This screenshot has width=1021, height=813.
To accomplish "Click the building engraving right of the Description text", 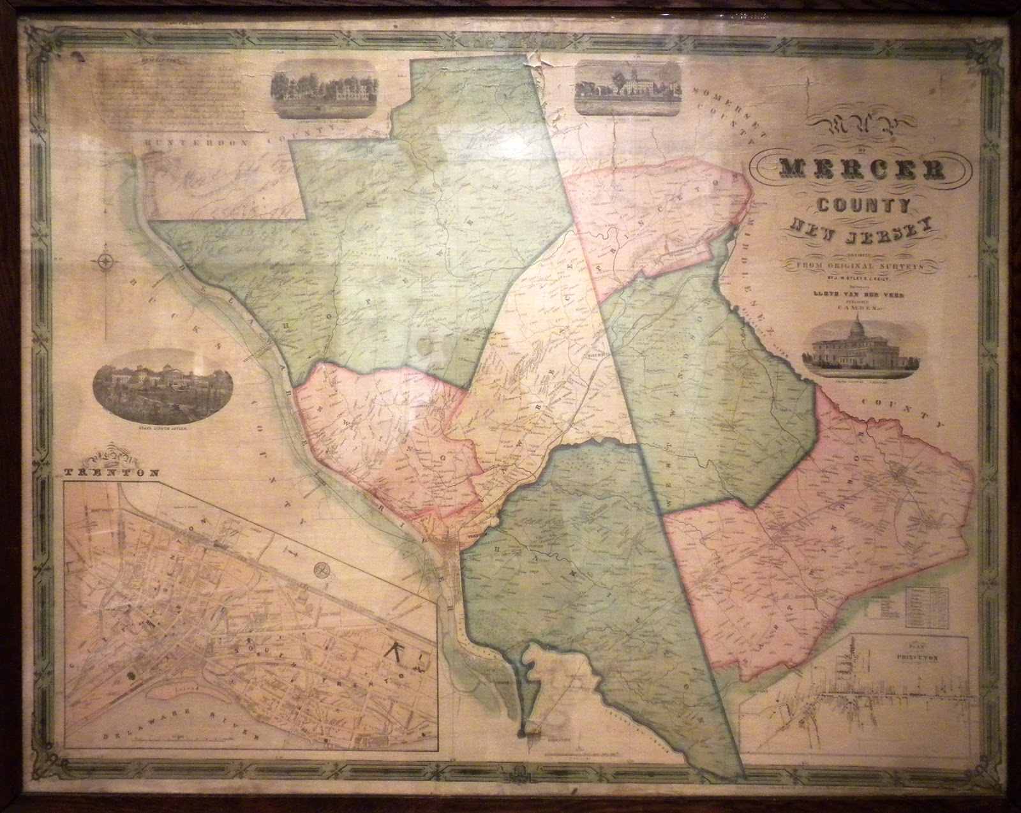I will click(324, 94).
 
